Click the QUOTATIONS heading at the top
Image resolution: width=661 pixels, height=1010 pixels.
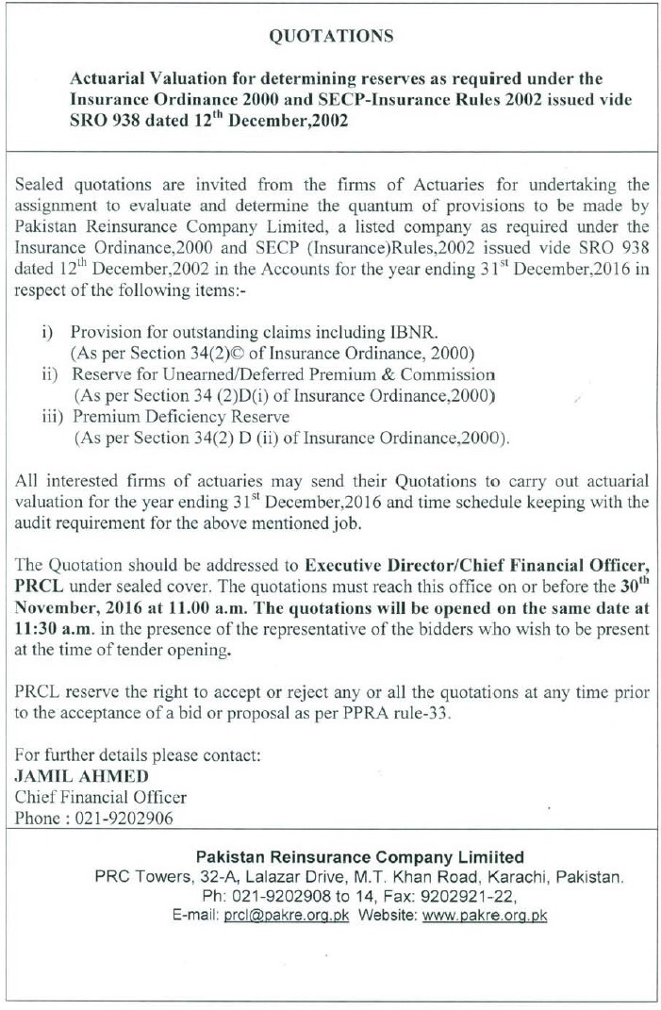[x=330, y=37]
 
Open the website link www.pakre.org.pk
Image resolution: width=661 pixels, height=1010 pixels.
[x=486, y=915]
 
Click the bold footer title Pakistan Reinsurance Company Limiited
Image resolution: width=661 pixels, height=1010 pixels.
[x=359, y=857]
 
